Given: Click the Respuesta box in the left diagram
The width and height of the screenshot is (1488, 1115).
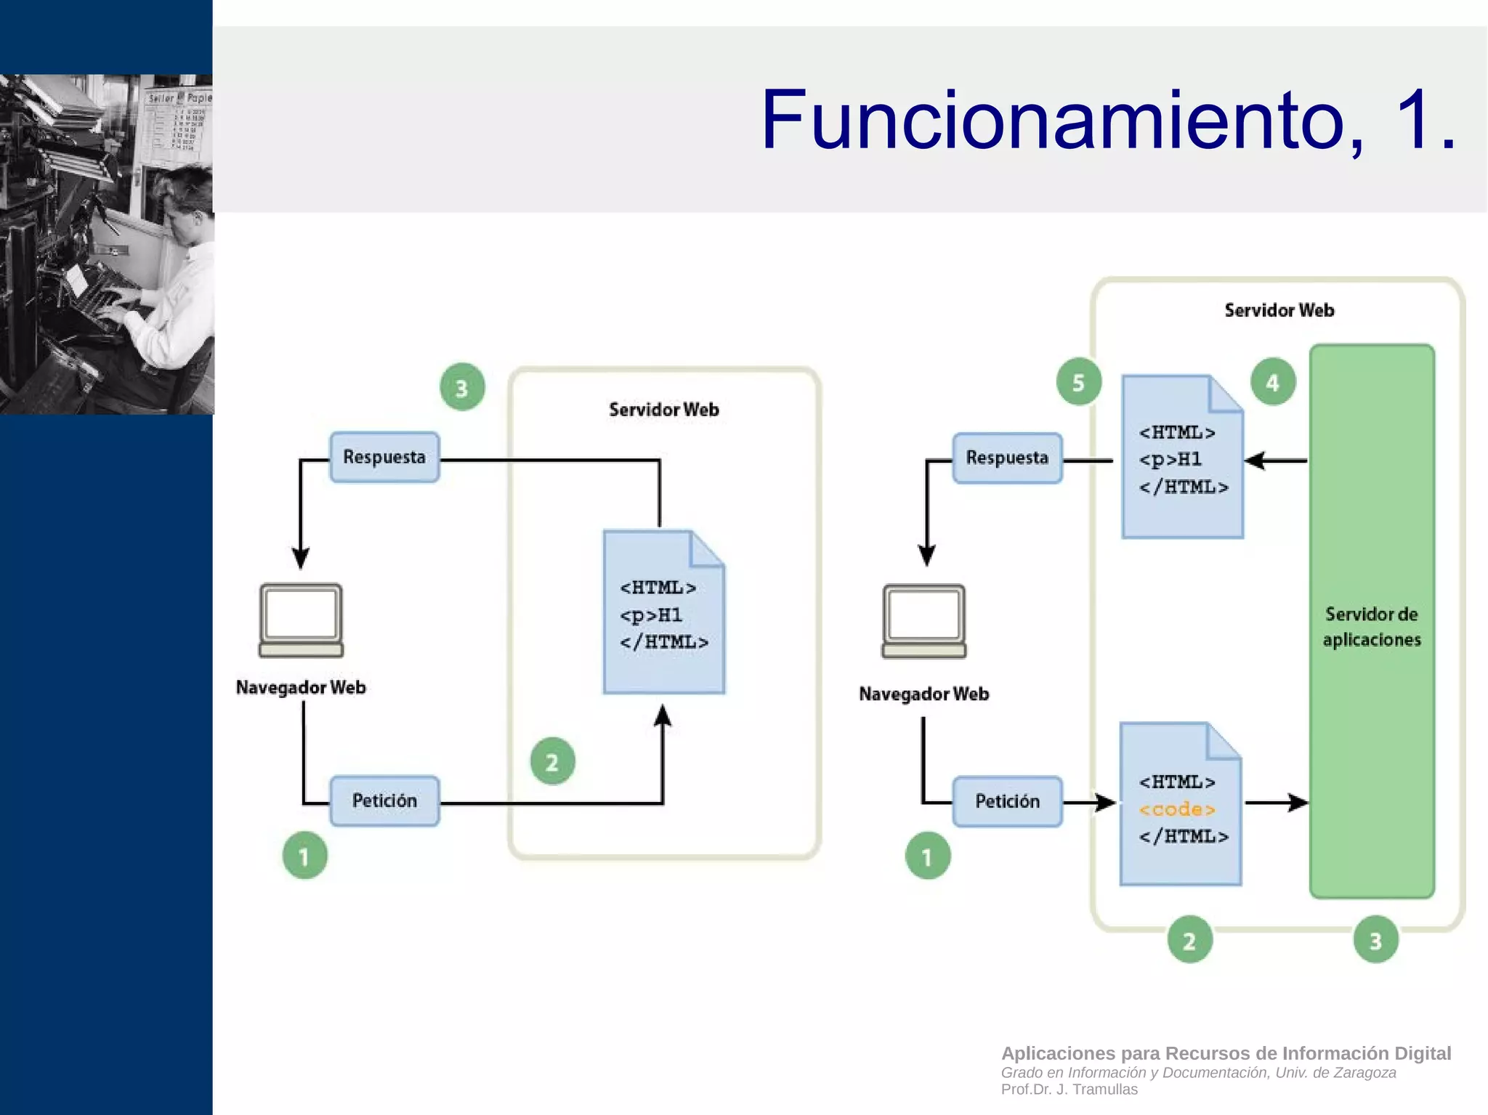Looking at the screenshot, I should [384, 457].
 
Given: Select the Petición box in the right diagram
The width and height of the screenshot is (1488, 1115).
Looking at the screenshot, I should [1007, 801].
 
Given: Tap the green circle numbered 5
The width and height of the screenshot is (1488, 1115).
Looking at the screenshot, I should [1078, 382].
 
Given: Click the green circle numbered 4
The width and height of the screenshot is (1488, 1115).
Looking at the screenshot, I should [1272, 382].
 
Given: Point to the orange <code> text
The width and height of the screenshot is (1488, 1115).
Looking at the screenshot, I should [1176, 809].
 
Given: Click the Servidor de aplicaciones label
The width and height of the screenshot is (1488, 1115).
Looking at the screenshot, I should [1371, 627].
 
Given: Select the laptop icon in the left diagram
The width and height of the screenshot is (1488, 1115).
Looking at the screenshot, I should [301, 620].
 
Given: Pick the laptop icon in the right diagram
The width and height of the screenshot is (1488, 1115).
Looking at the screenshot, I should [923, 620].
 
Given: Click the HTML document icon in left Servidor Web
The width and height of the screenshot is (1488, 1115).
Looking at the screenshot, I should [663, 612].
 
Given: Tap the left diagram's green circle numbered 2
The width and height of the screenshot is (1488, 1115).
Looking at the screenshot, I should [552, 762].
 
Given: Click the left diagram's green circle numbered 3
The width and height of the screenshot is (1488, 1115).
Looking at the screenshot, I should [462, 388].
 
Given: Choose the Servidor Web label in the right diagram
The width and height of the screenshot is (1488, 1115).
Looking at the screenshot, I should [1279, 310].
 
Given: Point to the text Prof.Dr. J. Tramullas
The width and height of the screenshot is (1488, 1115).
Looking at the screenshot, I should [1069, 1090].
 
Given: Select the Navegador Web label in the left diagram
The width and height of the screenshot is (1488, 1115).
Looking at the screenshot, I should [301, 687].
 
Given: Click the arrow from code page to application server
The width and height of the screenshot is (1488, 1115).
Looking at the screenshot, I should [1277, 803].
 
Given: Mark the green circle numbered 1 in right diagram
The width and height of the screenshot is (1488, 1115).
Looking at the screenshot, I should [927, 856].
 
